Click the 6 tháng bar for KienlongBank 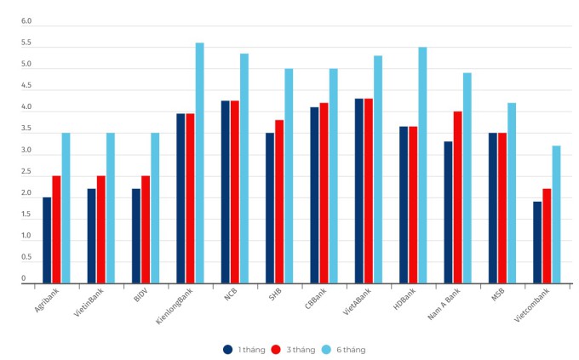(x=199, y=163)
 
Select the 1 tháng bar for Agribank (x=47, y=240)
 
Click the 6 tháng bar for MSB (x=512, y=193)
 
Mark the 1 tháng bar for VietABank (x=359, y=191)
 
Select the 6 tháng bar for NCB (x=244, y=168)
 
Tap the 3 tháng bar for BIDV (x=146, y=230)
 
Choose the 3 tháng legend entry (x=294, y=349)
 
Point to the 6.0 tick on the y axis (x=26, y=21)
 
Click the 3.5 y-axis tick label (x=26, y=129)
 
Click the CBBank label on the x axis (x=315, y=301)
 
